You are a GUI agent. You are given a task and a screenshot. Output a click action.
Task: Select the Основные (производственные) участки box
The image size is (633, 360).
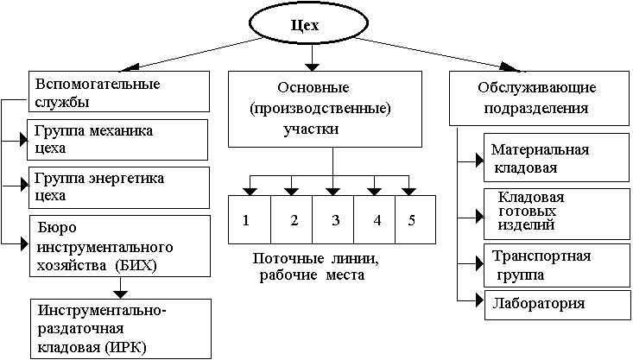[x=332, y=110]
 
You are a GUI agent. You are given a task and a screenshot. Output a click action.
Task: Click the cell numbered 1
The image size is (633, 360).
[x=247, y=220]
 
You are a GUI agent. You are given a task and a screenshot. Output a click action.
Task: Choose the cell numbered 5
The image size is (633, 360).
[x=413, y=220]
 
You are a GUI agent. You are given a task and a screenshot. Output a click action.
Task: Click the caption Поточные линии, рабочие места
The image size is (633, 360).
[x=316, y=267]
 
